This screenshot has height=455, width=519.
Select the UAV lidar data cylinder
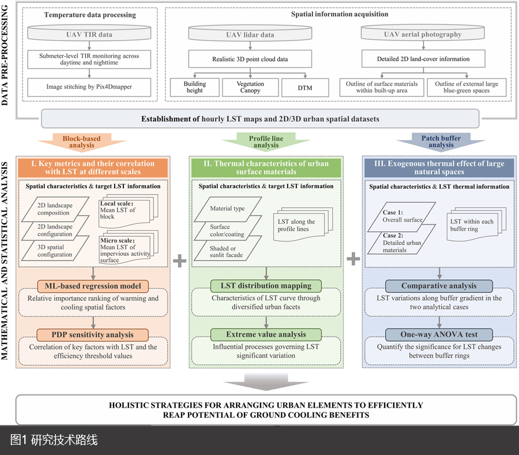pyautogui.click(x=250, y=35)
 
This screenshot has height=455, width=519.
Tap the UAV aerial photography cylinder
pyautogui.click(x=423, y=35)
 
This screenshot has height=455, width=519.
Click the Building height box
pyautogui.click(x=194, y=87)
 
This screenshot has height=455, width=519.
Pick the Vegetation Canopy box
pyautogui.click(x=250, y=87)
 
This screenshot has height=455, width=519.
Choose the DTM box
pyautogui.click(x=304, y=87)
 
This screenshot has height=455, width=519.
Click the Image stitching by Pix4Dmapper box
pyautogui.click(x=89, y=87)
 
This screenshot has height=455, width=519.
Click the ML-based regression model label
pyautogui.click(x=93, y=286)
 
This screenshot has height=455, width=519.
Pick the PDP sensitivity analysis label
pyautogui.click(x=93, y=334)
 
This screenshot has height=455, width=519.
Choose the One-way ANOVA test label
pyautogui.click(x=439, y=334)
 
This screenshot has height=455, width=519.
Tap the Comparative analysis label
pyautogui.click(x=439, y=286)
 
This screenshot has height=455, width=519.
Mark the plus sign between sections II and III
pyautogui.click(x=353, y=259)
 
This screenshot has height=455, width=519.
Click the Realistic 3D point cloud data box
pyautogui.click(x=250, y=59)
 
